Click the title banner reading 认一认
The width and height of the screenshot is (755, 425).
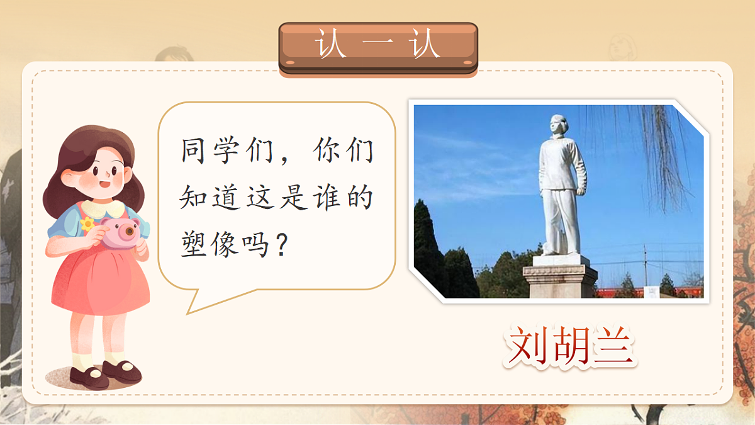click(378, 47)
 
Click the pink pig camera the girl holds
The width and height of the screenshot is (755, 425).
click(120, 233)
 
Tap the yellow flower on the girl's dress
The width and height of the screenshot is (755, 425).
click(87, 224)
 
